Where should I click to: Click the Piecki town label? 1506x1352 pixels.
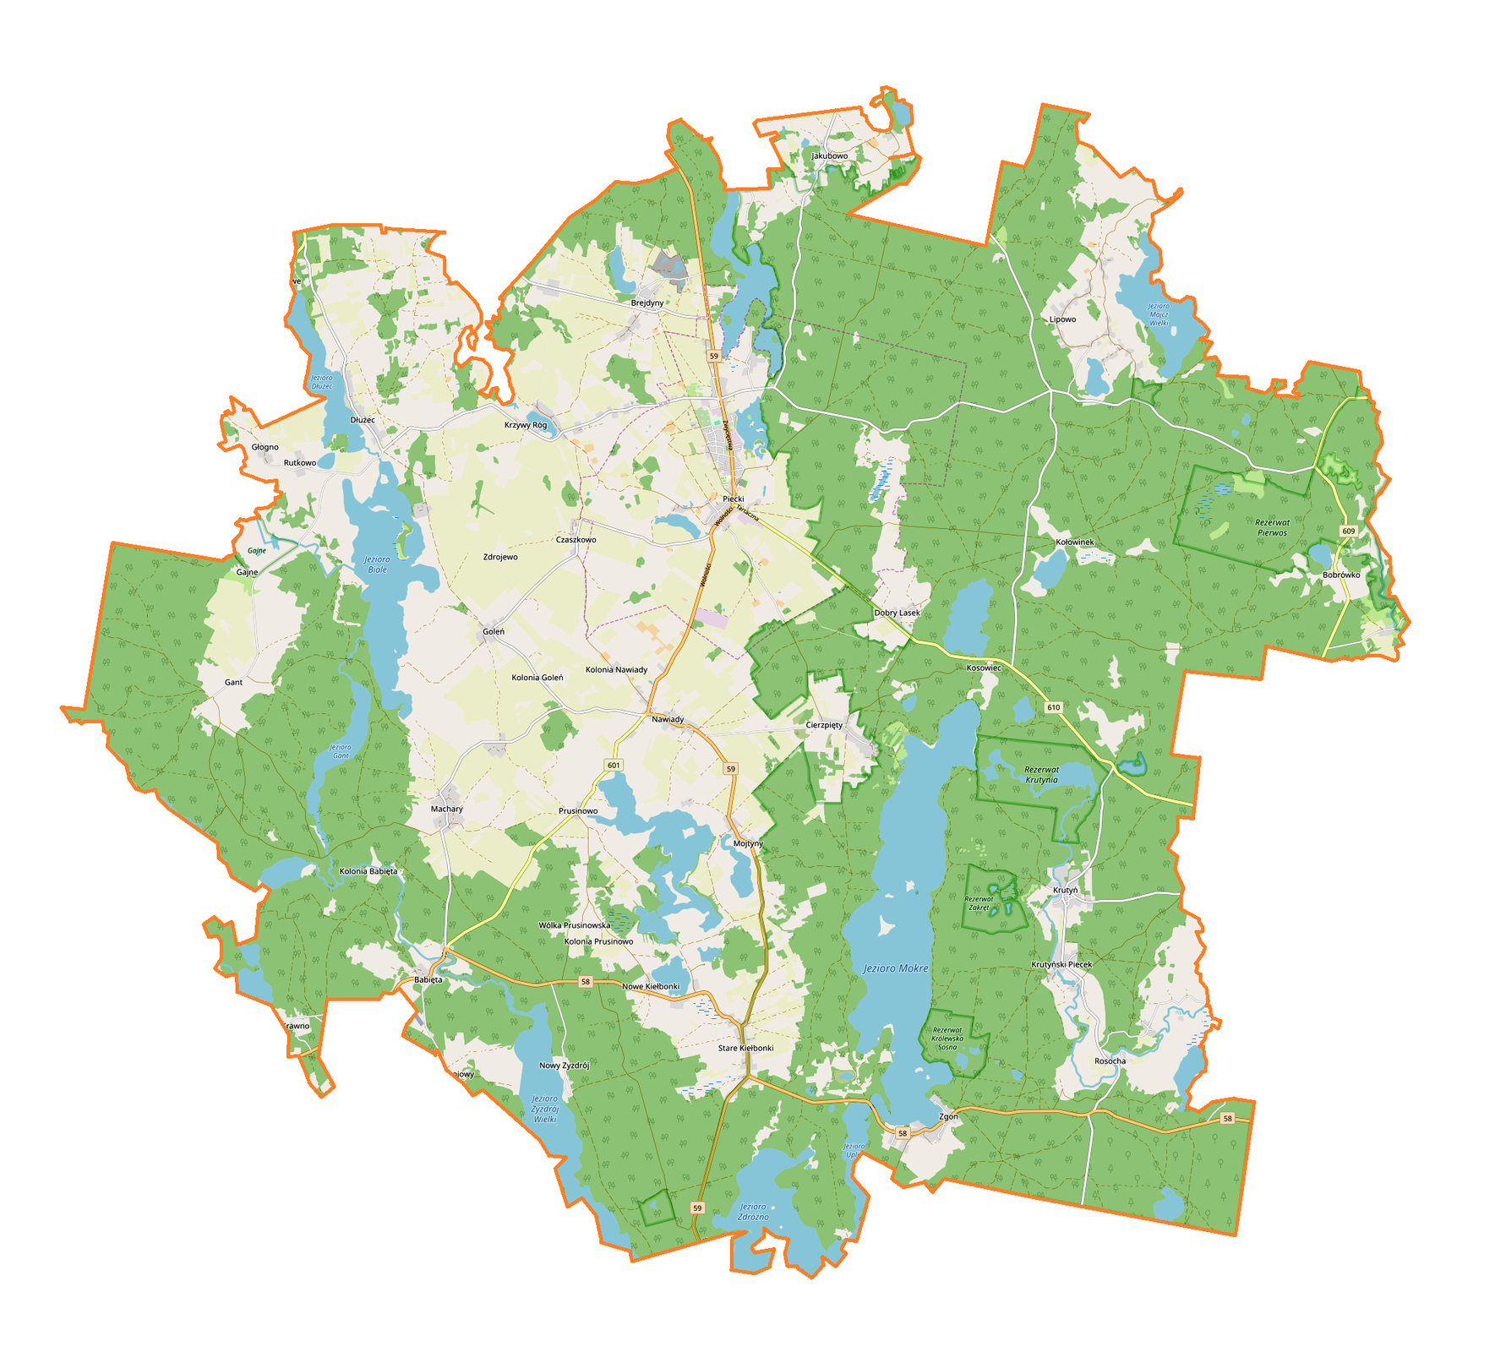733,499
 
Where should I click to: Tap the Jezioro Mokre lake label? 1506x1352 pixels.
896,968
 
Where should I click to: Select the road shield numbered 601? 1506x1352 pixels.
614,765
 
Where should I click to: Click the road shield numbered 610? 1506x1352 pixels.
1053,707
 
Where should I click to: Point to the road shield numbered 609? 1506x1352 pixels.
1348,531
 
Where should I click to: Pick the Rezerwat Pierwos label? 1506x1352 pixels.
1272,527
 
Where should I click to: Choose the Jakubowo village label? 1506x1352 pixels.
829,156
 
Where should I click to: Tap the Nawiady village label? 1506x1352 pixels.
668,719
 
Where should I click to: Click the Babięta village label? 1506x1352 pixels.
428,980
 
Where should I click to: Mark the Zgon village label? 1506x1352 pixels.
948,1116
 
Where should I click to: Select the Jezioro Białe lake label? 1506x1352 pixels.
377,564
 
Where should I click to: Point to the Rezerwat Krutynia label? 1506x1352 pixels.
1041,775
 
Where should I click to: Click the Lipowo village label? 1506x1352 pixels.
1062,319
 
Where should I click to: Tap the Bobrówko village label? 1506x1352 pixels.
1341,575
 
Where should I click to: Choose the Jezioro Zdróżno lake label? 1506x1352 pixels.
753,1212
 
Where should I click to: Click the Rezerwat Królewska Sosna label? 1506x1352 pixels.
947,1038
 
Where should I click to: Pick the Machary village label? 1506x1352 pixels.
446,809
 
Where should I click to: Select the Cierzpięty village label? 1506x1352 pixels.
824,725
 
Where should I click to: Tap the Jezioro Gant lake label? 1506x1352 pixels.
340,751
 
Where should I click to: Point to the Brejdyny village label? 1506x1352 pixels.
647,302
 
